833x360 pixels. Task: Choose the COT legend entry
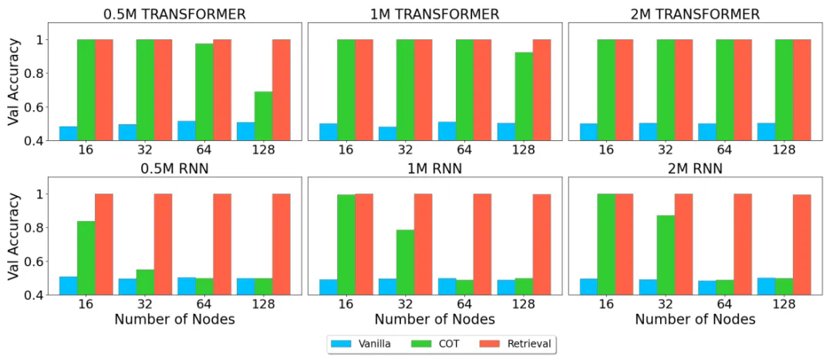coord(447,344)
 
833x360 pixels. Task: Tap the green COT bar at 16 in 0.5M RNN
coord(86,257)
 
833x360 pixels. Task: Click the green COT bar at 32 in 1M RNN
coord(405,261)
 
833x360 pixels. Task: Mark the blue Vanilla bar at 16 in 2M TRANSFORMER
coord(588,131)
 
